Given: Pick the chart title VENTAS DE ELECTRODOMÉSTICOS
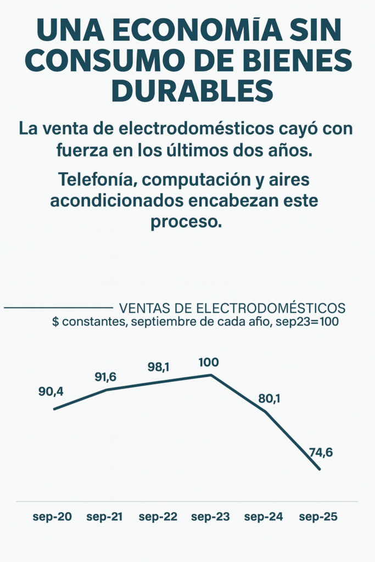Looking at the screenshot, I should click(x=232, y=307).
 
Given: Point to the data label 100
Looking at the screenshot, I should click(x=209, y=362).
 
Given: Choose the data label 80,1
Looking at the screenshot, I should click(x=268, y=398).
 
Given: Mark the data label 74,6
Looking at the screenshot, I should click(x=321, y=453).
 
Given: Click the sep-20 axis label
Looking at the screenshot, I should click(x=52, y=517).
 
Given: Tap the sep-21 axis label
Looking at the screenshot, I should click(x=104, y=517).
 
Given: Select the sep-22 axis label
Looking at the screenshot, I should click(x=158, y=517).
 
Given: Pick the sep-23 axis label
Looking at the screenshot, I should click(x=210, y=517).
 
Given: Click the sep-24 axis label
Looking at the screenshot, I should click(x=264, y=517).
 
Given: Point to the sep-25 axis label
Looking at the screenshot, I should click(x=317, y=517).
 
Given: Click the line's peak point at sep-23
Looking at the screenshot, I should click(x=211, y=375).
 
